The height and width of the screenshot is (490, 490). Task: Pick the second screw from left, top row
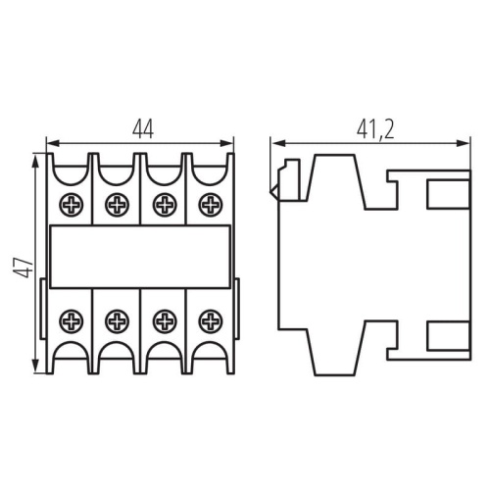tap(117, 205)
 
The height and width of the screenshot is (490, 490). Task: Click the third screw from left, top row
tap(163, 205)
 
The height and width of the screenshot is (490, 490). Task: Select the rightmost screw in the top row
tap(208, 205)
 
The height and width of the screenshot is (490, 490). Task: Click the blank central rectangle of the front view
tap(139, 256)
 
